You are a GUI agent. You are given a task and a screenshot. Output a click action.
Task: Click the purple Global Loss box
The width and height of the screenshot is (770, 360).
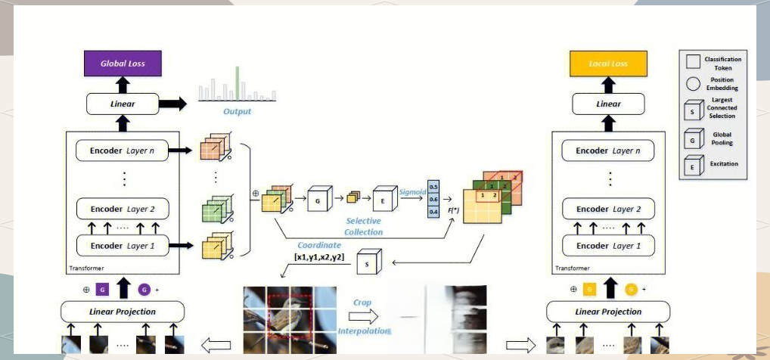tap(123, 64)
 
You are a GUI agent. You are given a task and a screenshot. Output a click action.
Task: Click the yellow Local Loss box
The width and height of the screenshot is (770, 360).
tap(608, 64)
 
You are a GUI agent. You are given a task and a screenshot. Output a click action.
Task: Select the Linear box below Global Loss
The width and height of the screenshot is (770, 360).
tap(123, 104)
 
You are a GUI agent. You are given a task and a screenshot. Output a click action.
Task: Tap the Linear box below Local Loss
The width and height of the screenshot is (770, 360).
tap(608, 104)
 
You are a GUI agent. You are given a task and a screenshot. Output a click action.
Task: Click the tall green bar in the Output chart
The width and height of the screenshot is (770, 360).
tap(237, 83)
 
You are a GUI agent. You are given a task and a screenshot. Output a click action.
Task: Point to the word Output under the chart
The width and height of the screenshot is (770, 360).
tap(237, 112)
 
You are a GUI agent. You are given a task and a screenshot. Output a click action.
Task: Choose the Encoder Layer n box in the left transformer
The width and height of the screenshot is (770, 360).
tap(123, 151)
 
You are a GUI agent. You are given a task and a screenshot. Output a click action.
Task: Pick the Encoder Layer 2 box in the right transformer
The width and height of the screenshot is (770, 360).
tap(608, 209)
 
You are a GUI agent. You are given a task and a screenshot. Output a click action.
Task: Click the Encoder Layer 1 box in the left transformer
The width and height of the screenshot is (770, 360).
tap(123, 245)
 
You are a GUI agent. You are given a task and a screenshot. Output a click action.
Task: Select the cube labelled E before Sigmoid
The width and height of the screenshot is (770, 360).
tap(383, 200)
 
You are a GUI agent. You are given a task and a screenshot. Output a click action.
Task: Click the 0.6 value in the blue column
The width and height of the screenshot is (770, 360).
tap(433, 199)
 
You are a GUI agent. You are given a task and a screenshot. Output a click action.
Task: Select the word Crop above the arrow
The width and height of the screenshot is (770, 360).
tap(362, 302)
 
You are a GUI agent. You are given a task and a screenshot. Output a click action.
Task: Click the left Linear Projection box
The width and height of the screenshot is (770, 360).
tap(123, 311)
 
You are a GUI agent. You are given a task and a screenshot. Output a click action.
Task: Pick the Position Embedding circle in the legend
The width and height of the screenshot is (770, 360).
tap(693, 84)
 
